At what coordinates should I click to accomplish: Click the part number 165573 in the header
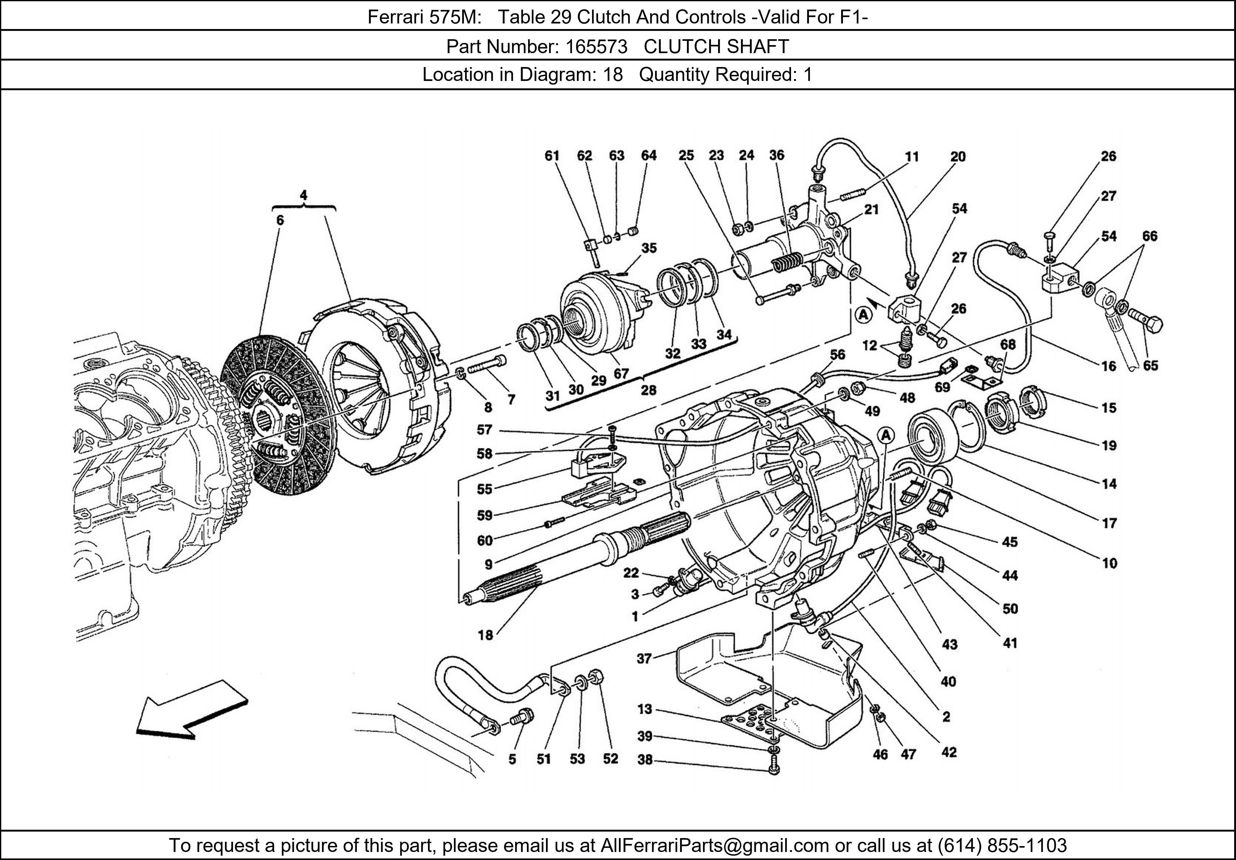(x=596, y=47)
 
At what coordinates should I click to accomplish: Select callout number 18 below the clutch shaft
(x=485, y=635)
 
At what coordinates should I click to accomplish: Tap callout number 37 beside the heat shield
(x=644, y=658)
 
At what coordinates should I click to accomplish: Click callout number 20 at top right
(x=958, y=157)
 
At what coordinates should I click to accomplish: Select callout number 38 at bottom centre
(x=644, y=759)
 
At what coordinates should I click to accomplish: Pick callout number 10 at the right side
(x=1110, y=563)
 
